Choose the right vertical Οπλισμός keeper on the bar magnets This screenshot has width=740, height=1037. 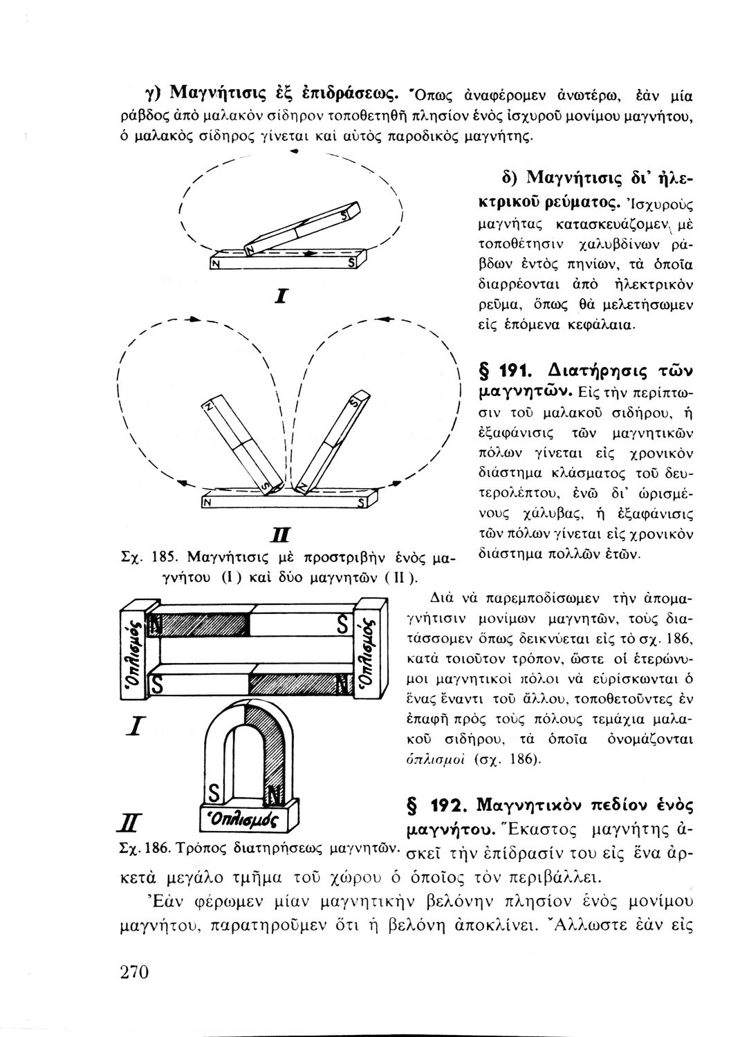[369, 647]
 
